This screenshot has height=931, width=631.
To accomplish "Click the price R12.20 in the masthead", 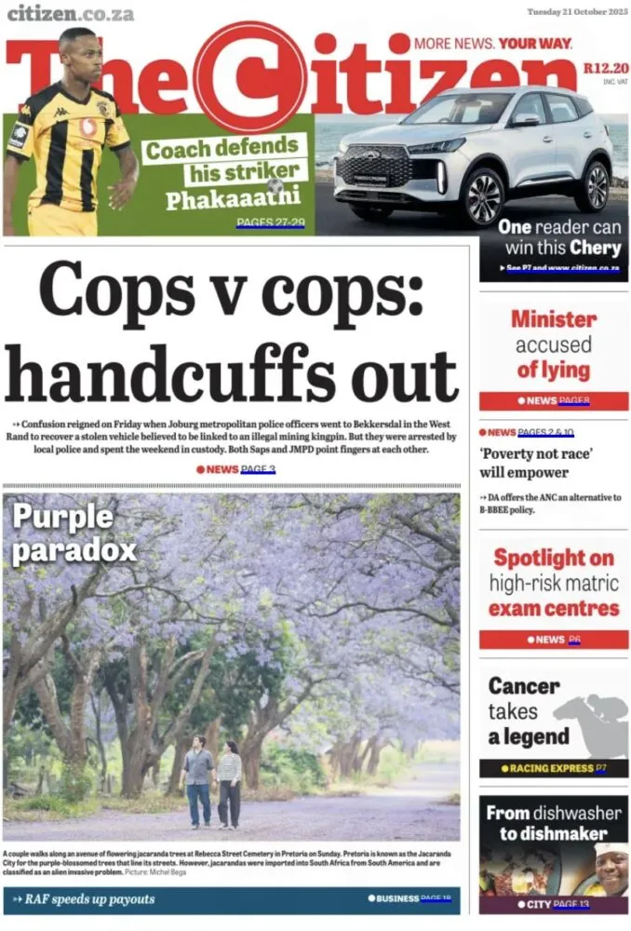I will (606, 68).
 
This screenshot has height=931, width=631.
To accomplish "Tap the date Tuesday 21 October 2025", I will (577, 12).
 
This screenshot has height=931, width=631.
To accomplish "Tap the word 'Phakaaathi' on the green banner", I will (233, 199).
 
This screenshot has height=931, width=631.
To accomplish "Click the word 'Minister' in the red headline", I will (554, 319).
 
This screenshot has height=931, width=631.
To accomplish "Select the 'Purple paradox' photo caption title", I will (74, 533).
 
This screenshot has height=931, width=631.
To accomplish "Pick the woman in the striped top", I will (229, 782).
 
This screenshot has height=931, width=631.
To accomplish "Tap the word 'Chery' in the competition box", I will (595, 248).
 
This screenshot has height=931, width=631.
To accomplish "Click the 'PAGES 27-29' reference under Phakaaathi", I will (271, 223).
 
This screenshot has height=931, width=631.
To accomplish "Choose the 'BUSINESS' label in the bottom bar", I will (397, 898).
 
